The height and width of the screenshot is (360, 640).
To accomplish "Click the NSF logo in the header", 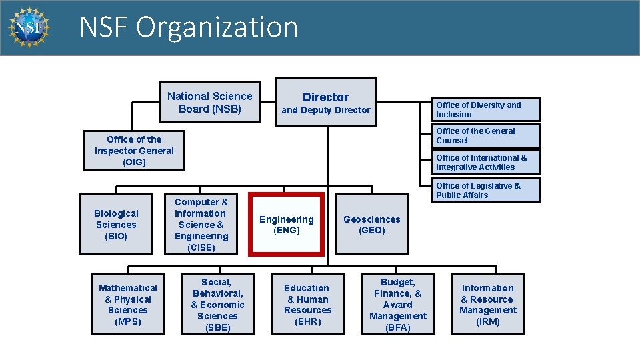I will [x=29, y=27].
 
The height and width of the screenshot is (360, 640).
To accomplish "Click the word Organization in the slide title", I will [x=217, y=27].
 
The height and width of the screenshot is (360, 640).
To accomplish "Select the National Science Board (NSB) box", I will [x=209, y=102].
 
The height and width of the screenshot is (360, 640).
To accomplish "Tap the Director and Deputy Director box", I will [x=325, y=103].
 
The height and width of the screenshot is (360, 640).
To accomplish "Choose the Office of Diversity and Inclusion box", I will [x=487, y=109].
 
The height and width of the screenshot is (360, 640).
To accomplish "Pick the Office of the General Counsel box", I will [x=487, y=136].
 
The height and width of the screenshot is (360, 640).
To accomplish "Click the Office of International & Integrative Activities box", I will [x=487, y=163].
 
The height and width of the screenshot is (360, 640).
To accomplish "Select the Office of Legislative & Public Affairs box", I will [x=487, y=190].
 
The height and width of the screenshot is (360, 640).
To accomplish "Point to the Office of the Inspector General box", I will [x=134, y=151].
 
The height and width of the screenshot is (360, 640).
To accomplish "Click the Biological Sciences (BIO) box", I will [x=116, y=225].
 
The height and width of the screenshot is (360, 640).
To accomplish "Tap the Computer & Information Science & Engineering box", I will [x=201, y=225].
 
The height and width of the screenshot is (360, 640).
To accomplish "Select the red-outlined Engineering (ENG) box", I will [x=286, y=225].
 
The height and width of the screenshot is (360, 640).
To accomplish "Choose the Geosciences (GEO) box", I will [x=371, y=225].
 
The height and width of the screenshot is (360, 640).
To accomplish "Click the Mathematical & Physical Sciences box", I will [x=127, y=305].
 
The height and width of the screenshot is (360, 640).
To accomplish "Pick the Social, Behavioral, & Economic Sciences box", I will [x=217, y=305].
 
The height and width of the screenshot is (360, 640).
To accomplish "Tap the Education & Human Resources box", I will [x=307, y=305].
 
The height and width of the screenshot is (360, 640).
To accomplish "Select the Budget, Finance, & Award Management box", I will [x=397, y=305].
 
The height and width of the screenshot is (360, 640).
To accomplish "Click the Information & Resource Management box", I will [x=487, y=305].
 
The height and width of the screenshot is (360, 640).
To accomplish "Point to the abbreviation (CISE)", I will [x=201, y=247].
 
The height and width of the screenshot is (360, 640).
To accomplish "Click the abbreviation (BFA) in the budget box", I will [x=397, y=327].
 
